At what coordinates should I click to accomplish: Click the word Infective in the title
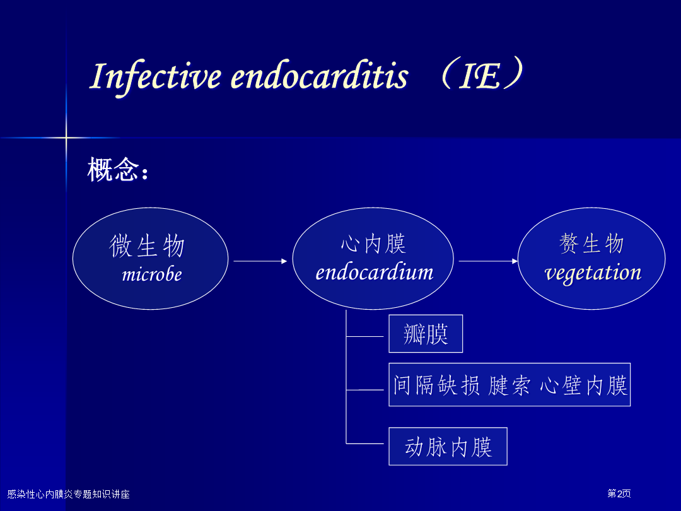pyautogui.click(x=155, y=77)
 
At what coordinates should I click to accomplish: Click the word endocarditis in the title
pyautogui.click(x=319, y=76)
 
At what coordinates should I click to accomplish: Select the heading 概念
pyautogui.click(x=113, y=170)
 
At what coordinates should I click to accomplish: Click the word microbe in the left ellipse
pyautogui.click(x=151, y=274)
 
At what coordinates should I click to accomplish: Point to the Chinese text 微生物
pyautogui.click(x=147, y=245)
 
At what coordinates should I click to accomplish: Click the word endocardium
pyautogui.click(x=374, y=273)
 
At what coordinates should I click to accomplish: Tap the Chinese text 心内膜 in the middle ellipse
pyautogui.click(x=373, y=244)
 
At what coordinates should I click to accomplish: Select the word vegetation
pyautogui.click(x=593, y=273)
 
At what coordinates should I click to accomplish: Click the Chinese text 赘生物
pyautogui.click(x=591, y=244)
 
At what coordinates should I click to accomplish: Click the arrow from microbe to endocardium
pyautogui.click(x=260, y=261)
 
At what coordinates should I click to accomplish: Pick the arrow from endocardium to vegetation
pyautogui.click(x=488, y=261)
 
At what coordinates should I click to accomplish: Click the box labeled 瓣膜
pyautogui.click(x=426, y=334)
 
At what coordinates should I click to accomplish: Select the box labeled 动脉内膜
pyautogui.click(x=448, y=446)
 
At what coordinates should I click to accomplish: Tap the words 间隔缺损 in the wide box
pyautogui.click(x=436, y=385)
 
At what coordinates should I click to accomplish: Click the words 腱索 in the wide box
pyautogui.click(x=509, y=385)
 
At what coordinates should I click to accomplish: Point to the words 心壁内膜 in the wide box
pyautogui.click(x=584, y=385)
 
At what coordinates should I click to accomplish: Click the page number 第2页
pyautogui.click(x=619, y=493)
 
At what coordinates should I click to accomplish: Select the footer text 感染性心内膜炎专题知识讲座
pyautogui.click(x=69, y=494)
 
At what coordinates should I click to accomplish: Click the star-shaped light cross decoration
pyautogui.click(x=66, y=138)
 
